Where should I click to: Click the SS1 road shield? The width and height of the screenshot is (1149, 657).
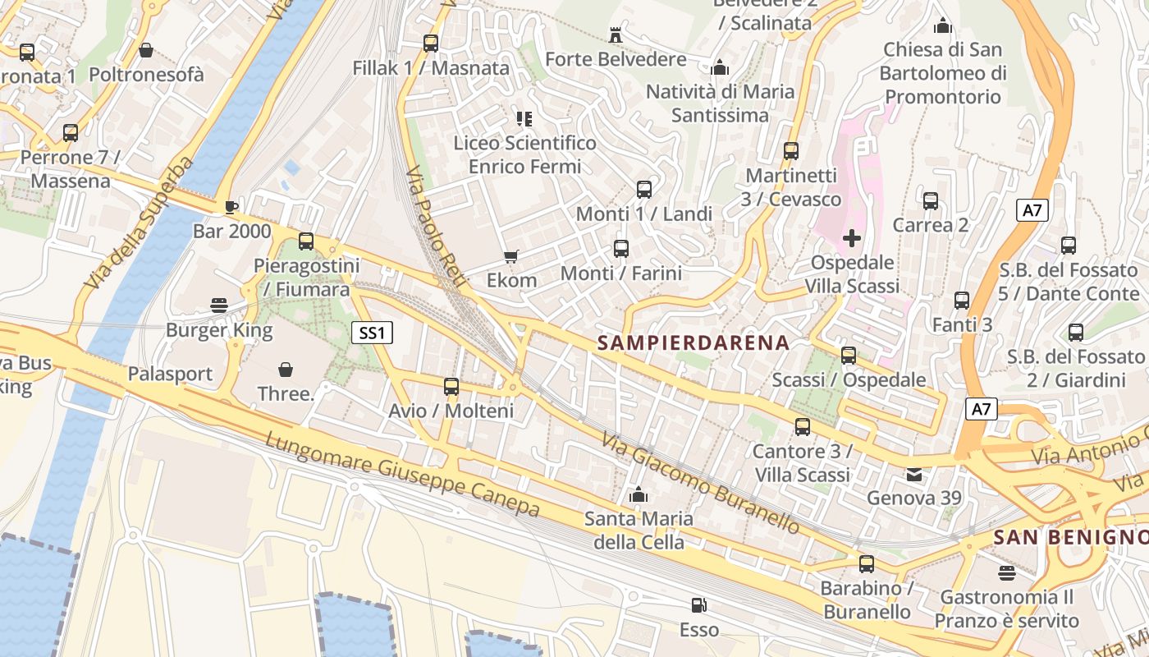[x=373, y=333]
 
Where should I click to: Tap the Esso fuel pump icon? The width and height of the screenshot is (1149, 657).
[x=698, y=606]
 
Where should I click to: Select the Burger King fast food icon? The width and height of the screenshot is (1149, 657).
[x=219, y=306]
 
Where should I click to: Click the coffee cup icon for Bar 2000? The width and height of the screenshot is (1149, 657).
[x=231, y=207]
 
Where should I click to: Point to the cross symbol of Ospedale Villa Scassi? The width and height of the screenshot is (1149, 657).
[x=852, y=239]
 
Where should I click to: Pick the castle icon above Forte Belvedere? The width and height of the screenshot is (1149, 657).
[x=616, y=35]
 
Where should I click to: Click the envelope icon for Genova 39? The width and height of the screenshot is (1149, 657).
[x=913, y=475]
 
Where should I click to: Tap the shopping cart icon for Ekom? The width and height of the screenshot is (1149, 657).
[x=511, y=257]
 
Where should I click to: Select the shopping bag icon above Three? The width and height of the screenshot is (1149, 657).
[x=286, y=370]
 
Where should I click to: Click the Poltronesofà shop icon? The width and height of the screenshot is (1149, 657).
[x=146, y=51]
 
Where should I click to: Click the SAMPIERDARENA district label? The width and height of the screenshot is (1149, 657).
[x=694, y=342]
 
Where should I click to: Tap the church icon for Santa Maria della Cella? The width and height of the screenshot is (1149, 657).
[x=638, y=494]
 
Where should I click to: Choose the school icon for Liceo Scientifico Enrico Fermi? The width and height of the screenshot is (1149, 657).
[x=524, y=119]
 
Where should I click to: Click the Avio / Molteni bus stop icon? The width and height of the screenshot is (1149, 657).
[x=451, y=387]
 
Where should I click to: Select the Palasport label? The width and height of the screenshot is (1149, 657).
[x=170, y=374]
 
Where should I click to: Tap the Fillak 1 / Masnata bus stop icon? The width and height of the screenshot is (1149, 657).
[x=431, y=44]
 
